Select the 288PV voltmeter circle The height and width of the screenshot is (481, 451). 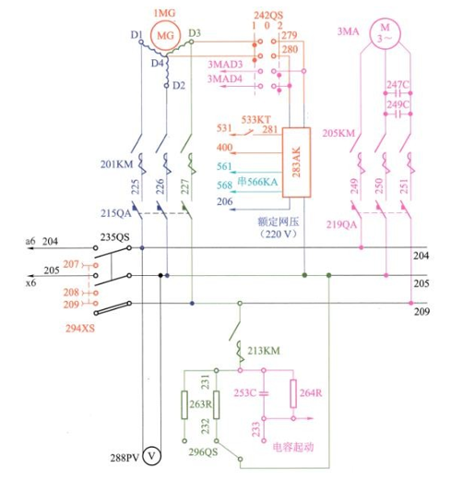click(x=152, y=456)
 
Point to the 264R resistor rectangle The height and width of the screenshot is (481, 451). click(x=293, y=394)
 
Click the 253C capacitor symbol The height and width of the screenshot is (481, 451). click(x=264, y=393)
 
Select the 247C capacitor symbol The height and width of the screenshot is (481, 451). click(x=398, y=93)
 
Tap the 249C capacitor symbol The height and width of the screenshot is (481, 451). click(x=398, y=114)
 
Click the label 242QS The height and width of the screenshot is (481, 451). click(x=268, y=16)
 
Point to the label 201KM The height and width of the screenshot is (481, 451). click(x=116, y=164)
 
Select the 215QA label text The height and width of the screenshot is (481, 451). click(x=116, y=213)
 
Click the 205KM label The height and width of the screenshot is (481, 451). click(x=338, y=133)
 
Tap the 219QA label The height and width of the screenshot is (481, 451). click(x=341, y=224)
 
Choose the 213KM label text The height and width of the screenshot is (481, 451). click(x=264, y=351)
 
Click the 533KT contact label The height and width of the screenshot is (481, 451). click(x=255, y=119)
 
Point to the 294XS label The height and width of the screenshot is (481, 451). click(x=80, y=329)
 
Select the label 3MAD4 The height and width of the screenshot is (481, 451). click(x=225, y=79)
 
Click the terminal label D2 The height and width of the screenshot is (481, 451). click(x=179, y=85)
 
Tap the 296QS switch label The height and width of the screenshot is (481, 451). click(x=203, y=451)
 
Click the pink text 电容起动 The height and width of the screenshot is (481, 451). click(x=293, y=447)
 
